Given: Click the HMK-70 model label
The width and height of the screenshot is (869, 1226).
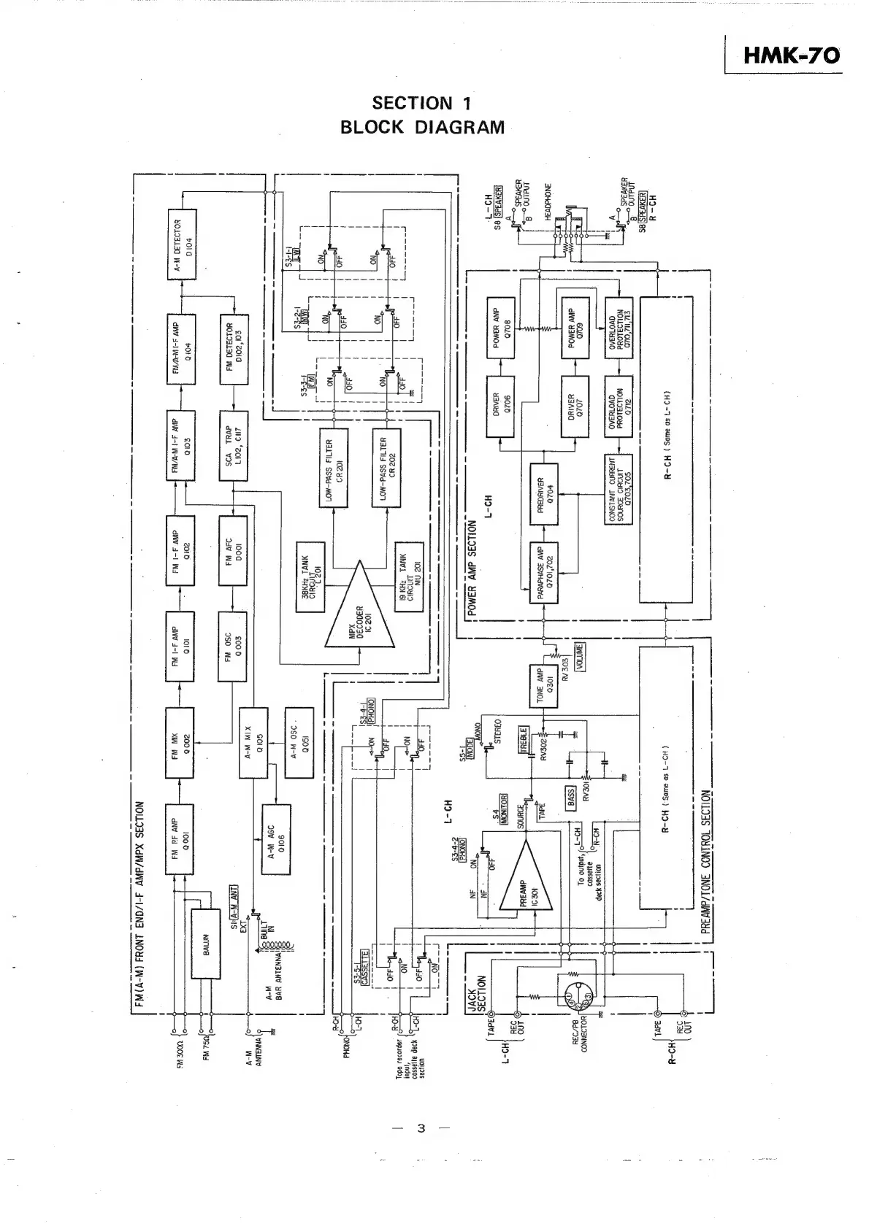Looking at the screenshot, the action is pos(790,55).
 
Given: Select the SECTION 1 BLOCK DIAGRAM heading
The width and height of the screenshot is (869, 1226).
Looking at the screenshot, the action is pos(422,115).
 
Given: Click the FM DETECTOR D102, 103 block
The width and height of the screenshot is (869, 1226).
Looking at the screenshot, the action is pos(234,344).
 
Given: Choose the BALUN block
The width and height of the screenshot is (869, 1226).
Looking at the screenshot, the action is pos(205,944).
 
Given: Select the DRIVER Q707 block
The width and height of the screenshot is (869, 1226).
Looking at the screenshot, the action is pos(575,406).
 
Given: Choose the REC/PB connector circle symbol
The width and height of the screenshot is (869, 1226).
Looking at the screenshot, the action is pos(575,995).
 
